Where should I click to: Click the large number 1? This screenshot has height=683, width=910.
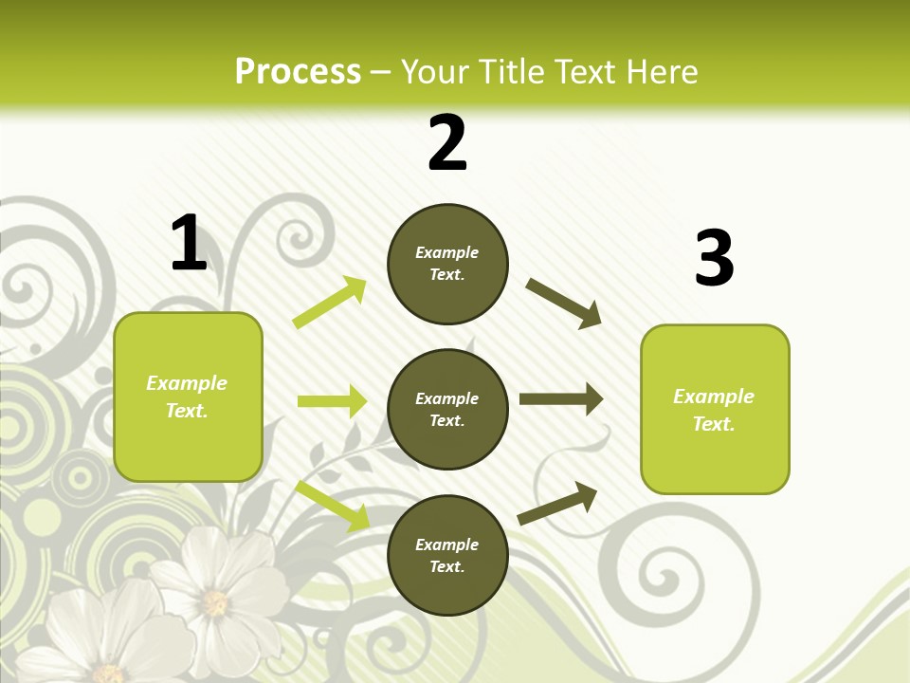coord(189,243)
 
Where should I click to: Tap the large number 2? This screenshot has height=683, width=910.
coord(447,143)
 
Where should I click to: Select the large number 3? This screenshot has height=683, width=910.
coord(714,259)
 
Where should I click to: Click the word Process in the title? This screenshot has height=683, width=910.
coord(298,71)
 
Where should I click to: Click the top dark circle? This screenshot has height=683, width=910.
coord(447,264)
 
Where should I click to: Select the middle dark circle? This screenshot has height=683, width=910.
coord(447,410)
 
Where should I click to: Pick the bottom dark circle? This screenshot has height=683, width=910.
coord(447,556)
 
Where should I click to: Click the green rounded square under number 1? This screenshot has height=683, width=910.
coord(188,397)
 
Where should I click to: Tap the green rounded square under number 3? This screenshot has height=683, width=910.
coord(715,410)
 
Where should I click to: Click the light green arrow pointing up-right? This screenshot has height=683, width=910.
coord(330,303)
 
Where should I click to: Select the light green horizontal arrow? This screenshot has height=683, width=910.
coord(332,401)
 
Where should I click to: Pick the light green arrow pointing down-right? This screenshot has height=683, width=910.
coord(332,505)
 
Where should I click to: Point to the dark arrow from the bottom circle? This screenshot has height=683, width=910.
coord(557,503)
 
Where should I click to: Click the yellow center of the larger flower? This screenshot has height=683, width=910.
coord(215,602)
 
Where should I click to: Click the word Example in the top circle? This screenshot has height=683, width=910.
coord(447,252)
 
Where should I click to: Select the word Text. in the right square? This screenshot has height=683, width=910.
coord(714,424)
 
